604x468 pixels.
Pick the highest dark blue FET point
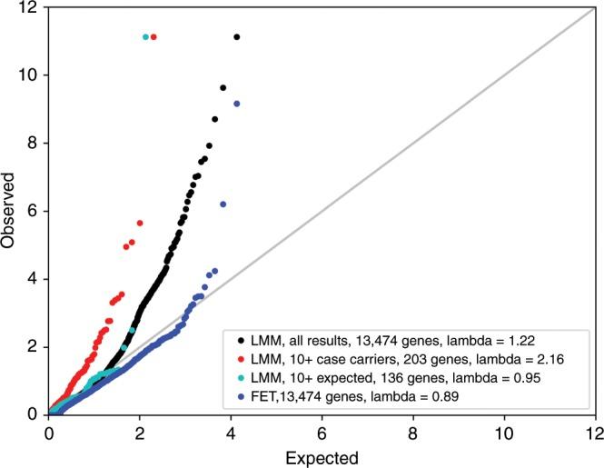tap(236, 105)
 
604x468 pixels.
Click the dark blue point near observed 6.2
tap(223, 204)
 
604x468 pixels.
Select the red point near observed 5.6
tap(140, 223)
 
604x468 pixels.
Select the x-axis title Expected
tap(322, 456)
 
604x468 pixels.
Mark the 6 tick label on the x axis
tap(322, 433)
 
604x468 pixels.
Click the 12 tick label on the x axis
tap(594, 433)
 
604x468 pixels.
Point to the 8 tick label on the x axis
tap(412, 433)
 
